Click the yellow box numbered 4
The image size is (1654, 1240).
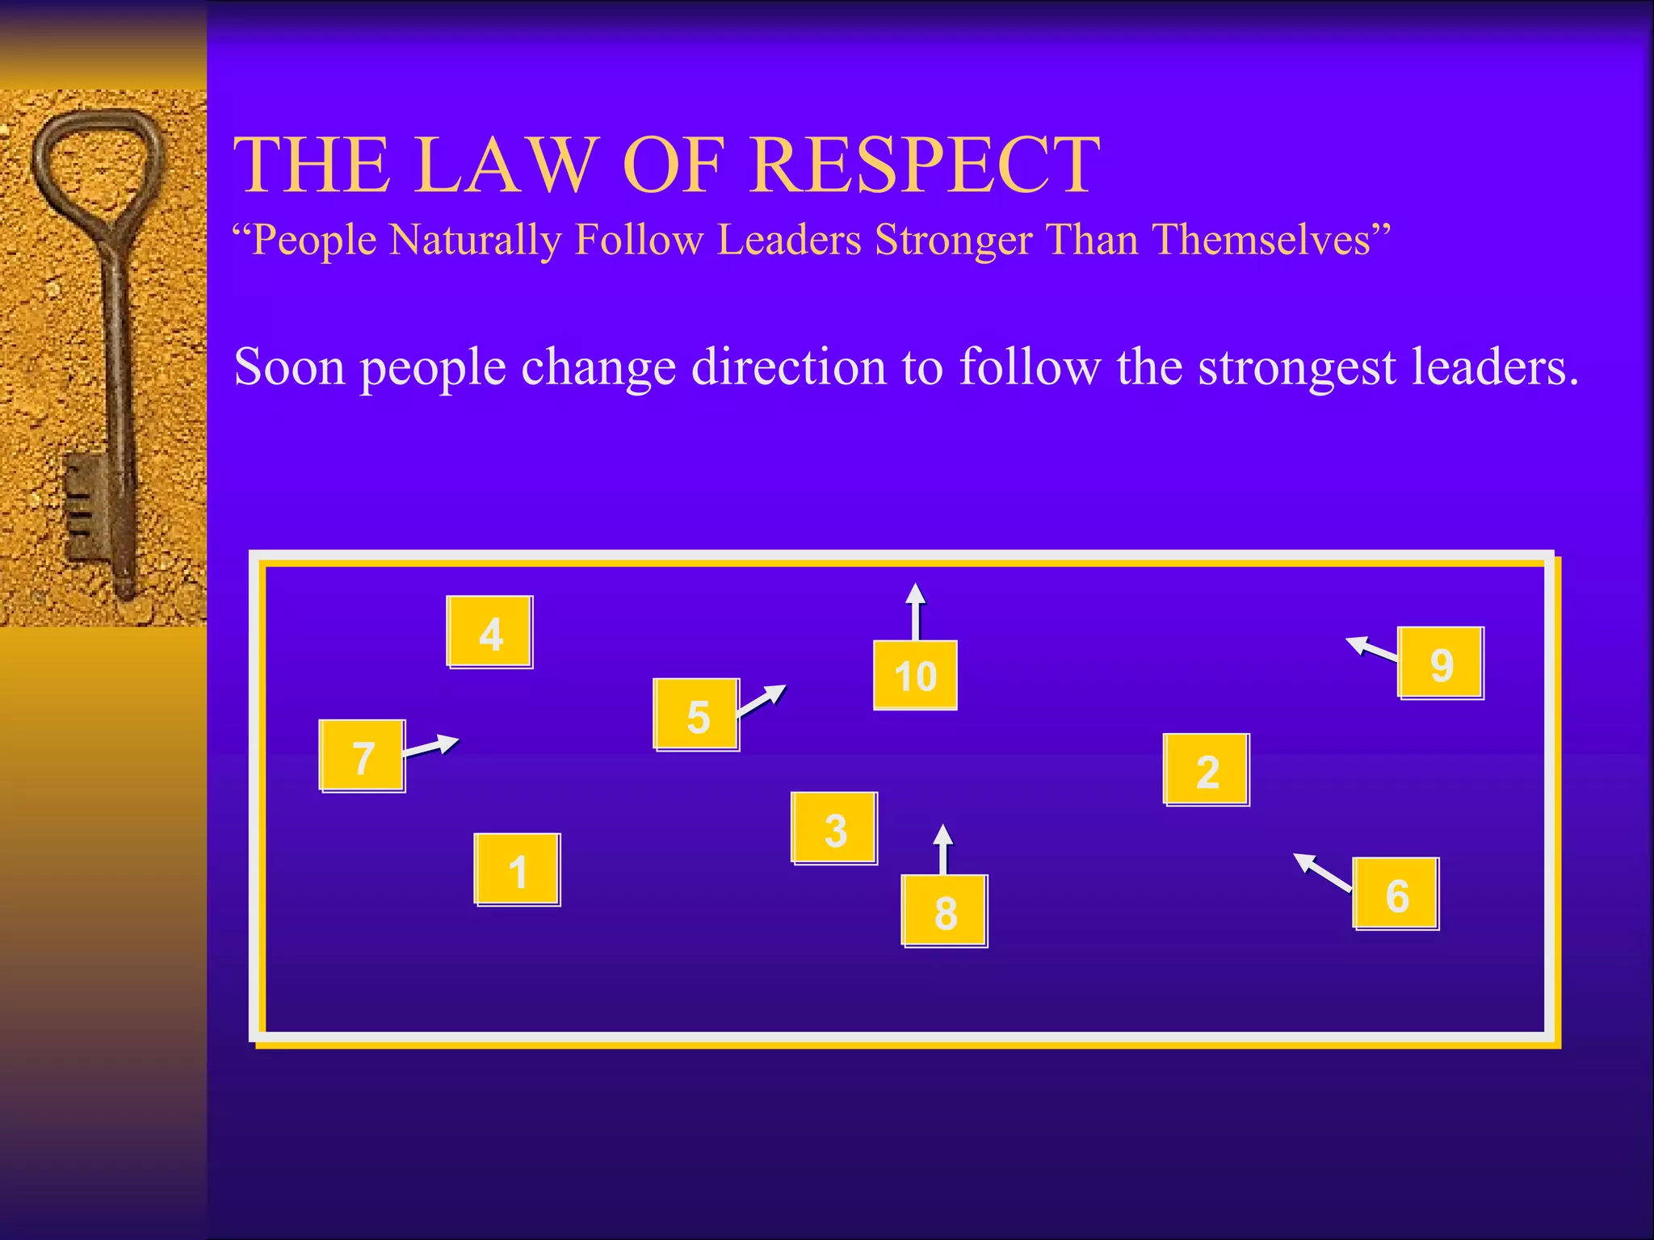[489, 631]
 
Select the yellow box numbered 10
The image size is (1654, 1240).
[915, 675]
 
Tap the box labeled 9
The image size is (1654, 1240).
[1441, 663]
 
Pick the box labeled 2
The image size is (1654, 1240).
[1206, 769]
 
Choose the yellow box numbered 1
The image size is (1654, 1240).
[517, 869]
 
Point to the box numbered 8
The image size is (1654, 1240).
[944, 911]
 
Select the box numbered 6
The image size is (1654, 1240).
[1396, 894]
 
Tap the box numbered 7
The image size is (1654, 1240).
[362, 756]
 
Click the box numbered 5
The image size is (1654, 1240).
[696, 714]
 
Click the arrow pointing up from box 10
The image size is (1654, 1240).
[915, 611]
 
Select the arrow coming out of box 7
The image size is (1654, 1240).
[431, 746]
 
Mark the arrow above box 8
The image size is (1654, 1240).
[942, 848]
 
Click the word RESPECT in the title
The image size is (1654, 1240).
[925, 165]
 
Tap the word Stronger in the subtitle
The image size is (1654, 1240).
[953, 240]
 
